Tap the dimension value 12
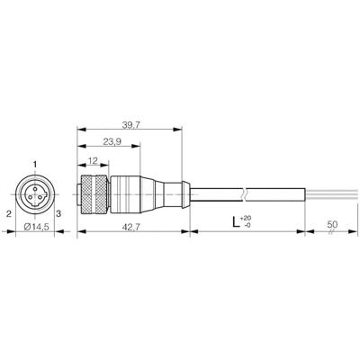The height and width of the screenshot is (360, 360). pos(94,162)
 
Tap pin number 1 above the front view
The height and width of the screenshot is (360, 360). pos(35,163)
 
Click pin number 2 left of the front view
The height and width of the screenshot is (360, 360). pos(8,213)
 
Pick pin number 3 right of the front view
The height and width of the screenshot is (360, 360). pos(58,213)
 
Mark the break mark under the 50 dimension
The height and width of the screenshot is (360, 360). pos(331,232)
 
